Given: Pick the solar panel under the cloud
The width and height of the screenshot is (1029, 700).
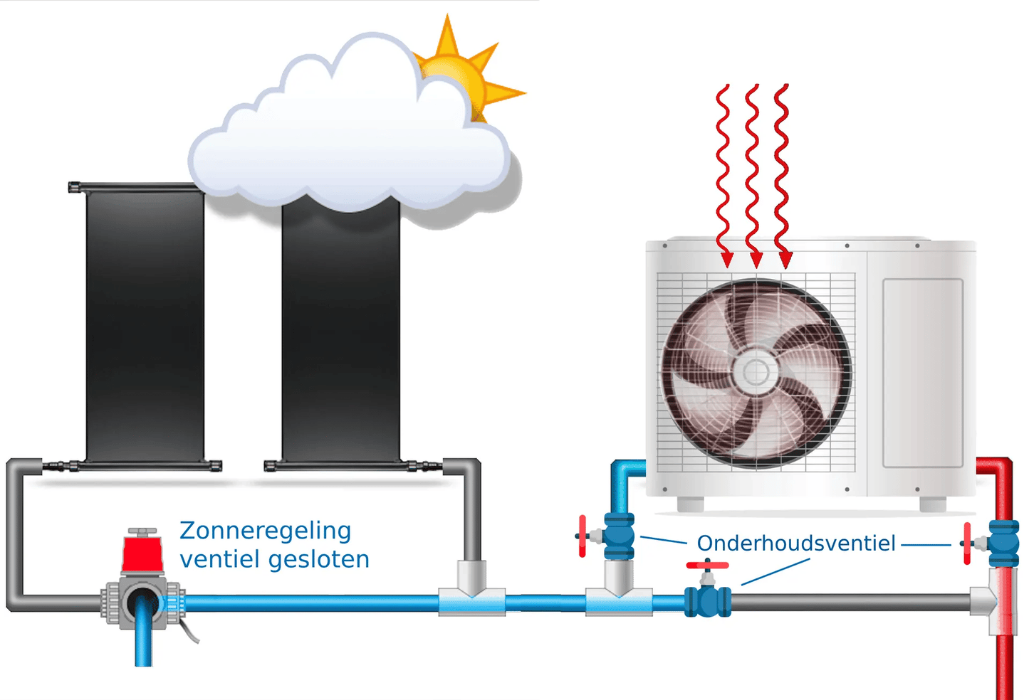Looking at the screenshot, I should (340, 334).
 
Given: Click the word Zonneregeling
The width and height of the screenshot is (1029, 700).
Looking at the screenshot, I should (265, 531).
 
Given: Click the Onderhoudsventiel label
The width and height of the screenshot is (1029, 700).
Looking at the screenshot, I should (795, 543).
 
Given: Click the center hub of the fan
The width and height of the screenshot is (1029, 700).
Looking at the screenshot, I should (756, 371).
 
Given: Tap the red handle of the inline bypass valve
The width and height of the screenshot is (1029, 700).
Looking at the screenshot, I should (707, 566).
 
